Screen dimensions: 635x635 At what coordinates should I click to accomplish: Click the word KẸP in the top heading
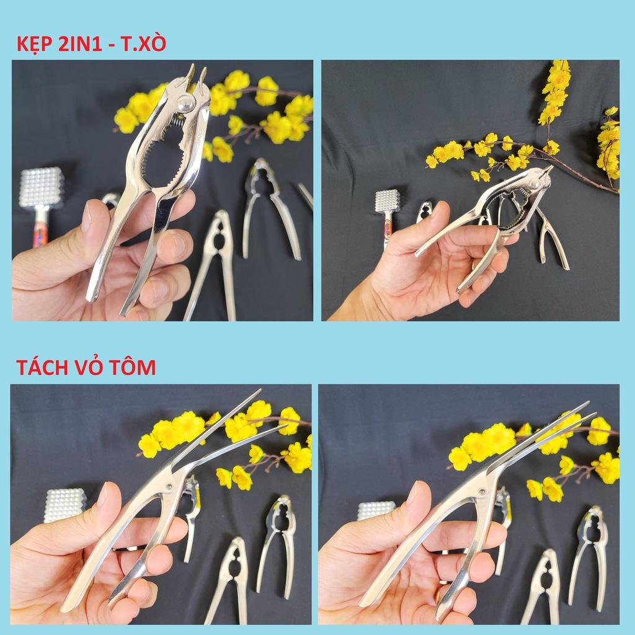tap(35, 44)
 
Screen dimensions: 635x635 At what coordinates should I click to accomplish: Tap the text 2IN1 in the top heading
tap(80, 44)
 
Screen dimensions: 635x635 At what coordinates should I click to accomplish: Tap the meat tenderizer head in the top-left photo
tap(42, 187)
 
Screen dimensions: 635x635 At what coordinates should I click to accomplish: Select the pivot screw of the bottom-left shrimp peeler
tap(169, 486)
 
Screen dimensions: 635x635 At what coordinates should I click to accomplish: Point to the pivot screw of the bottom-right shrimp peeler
tap(482, 492)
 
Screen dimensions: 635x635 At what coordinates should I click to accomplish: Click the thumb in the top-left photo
tap(92, 227)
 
